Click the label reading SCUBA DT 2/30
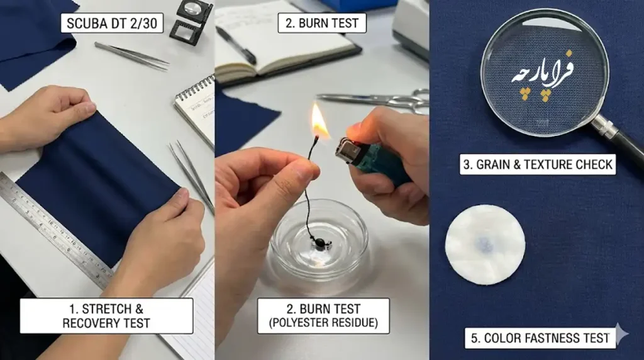(x=112, y=23)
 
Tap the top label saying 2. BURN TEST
(x=322, y=23)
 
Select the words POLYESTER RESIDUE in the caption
(x=324, y=323)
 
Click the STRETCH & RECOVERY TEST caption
(x=106, y=315)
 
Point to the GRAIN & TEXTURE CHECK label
(x=538, y=164)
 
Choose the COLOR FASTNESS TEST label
(x=540, y=338)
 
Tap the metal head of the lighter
(x=348, y=150)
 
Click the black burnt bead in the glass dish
(x=319, y=244)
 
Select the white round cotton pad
(x=485, y=245)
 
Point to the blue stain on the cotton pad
(x=486, y=244)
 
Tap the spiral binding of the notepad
(x=194, y=88)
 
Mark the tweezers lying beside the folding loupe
(x=131, y=55)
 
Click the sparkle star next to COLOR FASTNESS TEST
(x=622, y=334)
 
